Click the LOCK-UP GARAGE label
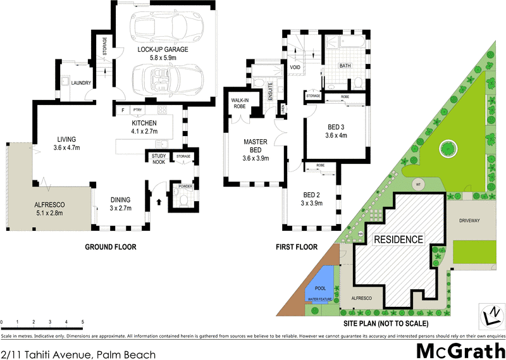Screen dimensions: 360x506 click(163, 49)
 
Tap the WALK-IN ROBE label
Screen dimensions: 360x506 click(240, 103)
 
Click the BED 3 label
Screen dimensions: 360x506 click(336, 127)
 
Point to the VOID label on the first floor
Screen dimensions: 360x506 click(295, 66)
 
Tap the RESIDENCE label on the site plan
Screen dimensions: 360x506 click(398, 240)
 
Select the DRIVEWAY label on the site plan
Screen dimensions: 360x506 click(469, 220)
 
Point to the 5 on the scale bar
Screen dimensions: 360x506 click(83, 322)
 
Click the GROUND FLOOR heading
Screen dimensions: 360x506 click(111, 247)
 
